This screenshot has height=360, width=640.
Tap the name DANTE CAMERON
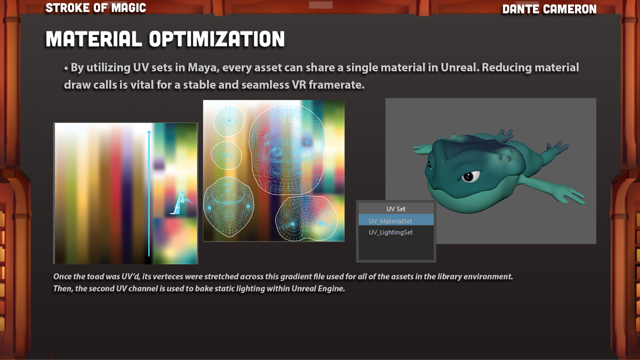[550, 9]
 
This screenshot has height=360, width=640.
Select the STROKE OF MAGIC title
[96, 8]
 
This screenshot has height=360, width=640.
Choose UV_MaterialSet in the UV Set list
[390, 221]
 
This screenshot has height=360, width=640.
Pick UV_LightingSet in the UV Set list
[390, 232]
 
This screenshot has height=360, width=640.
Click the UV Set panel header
[396, 209]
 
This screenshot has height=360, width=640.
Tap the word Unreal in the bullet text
[460, 68]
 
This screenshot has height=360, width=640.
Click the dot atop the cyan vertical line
[149, 132]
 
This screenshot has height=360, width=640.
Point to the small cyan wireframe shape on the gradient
[182, 204]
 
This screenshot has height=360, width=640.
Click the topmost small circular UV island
[229, 122]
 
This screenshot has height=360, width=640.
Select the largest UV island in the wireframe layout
[287, 149]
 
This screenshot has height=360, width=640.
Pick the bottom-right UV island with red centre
[306, 218]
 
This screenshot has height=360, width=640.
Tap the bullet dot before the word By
[66, 68]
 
